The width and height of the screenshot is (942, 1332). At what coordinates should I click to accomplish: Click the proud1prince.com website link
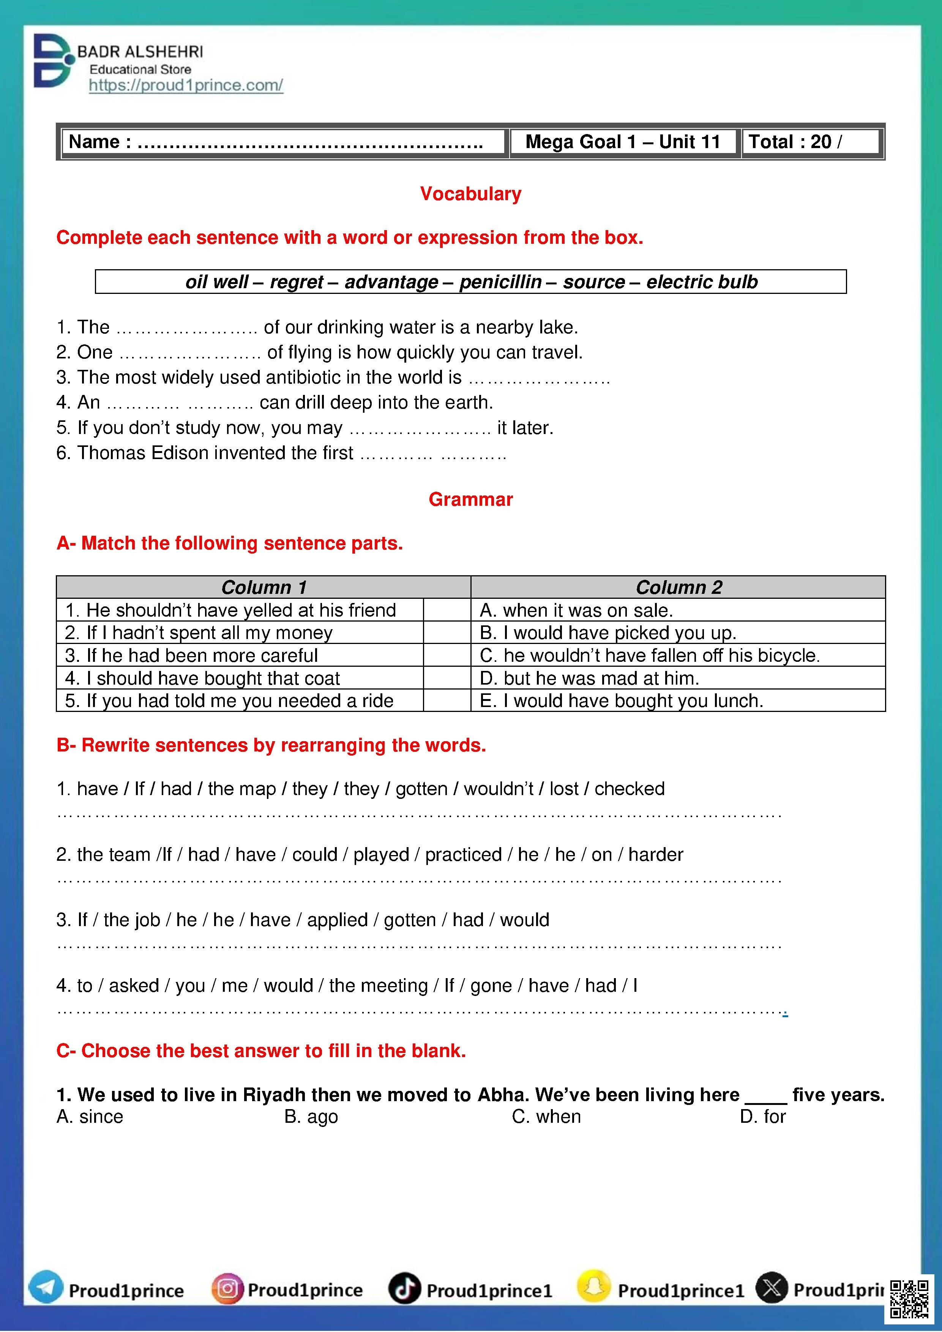[x=186, y=85]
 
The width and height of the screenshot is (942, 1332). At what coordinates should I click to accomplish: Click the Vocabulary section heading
[x=470, y=194]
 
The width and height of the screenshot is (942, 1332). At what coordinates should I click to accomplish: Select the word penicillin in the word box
[x=500, y=282]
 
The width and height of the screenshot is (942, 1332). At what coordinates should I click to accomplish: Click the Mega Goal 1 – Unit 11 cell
[x=622, y=142]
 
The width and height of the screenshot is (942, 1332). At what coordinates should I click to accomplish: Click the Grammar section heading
[x=470, y=500]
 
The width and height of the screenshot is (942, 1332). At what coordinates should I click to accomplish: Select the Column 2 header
[x=678, y=587]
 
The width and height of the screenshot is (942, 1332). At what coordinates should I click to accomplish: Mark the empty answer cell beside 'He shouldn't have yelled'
[x=447, y=610]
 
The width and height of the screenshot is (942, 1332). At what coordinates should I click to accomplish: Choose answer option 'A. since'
[x=90, y=1117]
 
